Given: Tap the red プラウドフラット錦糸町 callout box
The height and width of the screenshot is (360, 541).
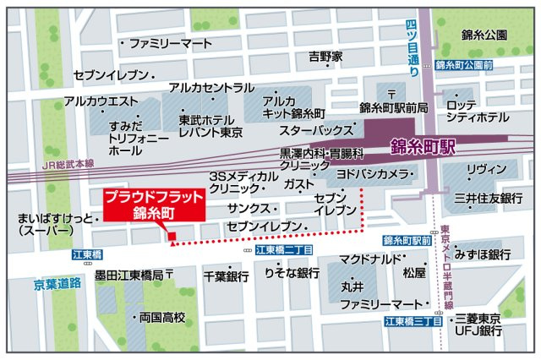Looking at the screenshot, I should tap(154, 205).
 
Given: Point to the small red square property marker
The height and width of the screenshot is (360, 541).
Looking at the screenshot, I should tap(171, 236).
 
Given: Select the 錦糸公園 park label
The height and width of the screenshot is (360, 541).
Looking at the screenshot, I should tap(484, 35).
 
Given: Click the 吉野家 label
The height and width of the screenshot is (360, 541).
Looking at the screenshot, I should tap(325, 57).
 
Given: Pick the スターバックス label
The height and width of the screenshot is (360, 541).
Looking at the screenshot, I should tap(315, 131).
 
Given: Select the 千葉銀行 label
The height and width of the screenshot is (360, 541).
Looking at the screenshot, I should tap(226, 276).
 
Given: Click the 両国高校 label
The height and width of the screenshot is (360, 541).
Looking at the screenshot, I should tap(162, 318).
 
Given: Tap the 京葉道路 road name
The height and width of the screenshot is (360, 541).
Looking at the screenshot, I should tap(57, 285).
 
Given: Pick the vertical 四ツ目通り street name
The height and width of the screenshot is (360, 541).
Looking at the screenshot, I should tap(412, 52).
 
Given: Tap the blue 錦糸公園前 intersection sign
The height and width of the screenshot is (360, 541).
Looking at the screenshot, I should tap(464, 64).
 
